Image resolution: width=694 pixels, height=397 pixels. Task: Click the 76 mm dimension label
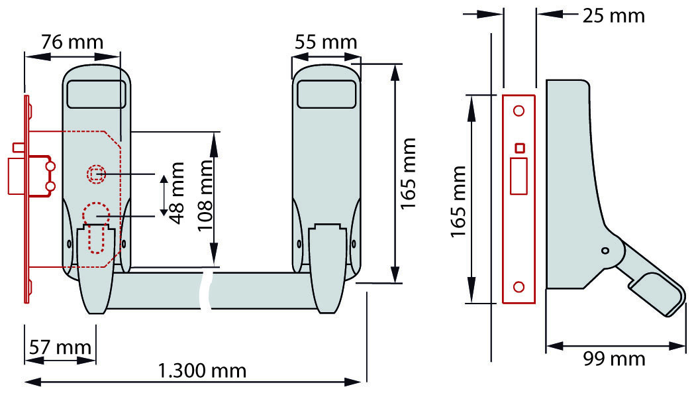pos(73,42)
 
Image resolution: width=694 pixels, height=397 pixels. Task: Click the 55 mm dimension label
pos(326,42)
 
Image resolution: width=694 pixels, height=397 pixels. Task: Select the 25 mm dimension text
pos(613,16)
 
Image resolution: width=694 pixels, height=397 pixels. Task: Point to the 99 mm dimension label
pos(614,359)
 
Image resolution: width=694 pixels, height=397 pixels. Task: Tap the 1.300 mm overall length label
pos(202,371)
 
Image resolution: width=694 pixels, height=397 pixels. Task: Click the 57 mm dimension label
pos(60,347)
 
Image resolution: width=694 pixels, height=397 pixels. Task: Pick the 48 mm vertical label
pos(177,193)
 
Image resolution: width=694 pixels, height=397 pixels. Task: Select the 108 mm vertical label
pos(205,196)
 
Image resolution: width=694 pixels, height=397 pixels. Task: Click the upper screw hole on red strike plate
pos(519,110)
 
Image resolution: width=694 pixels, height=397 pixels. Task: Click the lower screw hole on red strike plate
pos(519,287)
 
